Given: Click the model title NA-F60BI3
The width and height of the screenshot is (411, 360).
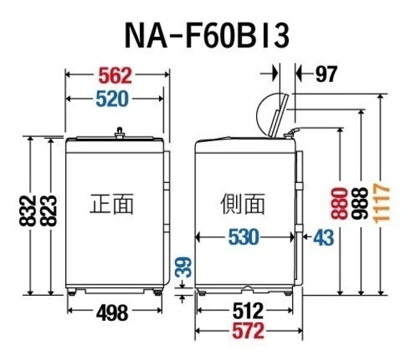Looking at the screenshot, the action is click(x=207, y=35).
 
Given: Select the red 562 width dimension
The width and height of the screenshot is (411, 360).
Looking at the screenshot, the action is click(x=116, y=76).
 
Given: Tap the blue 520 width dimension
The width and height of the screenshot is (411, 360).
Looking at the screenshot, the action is click(x=112, y=99).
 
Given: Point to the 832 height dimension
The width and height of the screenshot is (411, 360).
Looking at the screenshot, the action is click(x=27, y=211).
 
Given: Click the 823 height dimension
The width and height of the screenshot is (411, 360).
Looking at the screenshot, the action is click(x=49, y=211).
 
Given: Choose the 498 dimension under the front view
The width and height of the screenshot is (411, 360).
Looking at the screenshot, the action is click(x=112, y=313).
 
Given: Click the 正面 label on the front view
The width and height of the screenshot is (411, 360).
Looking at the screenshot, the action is click(x=112, y=204).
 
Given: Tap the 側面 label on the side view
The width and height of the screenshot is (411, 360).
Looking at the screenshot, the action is click(x=242, y=204).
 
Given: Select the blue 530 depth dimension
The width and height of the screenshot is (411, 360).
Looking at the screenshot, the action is click(x=244, y=237).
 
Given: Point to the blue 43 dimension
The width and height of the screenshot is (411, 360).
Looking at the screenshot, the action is click(x=324, y=237).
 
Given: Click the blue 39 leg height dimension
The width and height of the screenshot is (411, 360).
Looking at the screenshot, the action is click(x=183, y=267).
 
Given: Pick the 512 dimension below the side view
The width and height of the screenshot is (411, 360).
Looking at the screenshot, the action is click(x=248, y=310).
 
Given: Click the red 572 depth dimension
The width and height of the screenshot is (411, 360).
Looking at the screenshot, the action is click(x=248, y=331).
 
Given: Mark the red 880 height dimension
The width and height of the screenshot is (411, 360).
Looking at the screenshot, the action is click(x=340, y=204).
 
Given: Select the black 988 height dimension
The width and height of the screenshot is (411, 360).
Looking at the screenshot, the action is click(x=360, y=204).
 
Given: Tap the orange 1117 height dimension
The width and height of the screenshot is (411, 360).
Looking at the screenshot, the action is click(x=381, y=204).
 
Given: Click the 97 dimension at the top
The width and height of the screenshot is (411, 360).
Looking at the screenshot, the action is click(x=326, y=75).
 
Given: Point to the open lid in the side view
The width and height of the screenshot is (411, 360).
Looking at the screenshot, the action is click(x=279, y=115).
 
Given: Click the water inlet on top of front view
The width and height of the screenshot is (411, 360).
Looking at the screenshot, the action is click(x=120, y=133).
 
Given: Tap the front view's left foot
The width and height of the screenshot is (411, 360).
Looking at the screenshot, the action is click(x=71, y=292).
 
